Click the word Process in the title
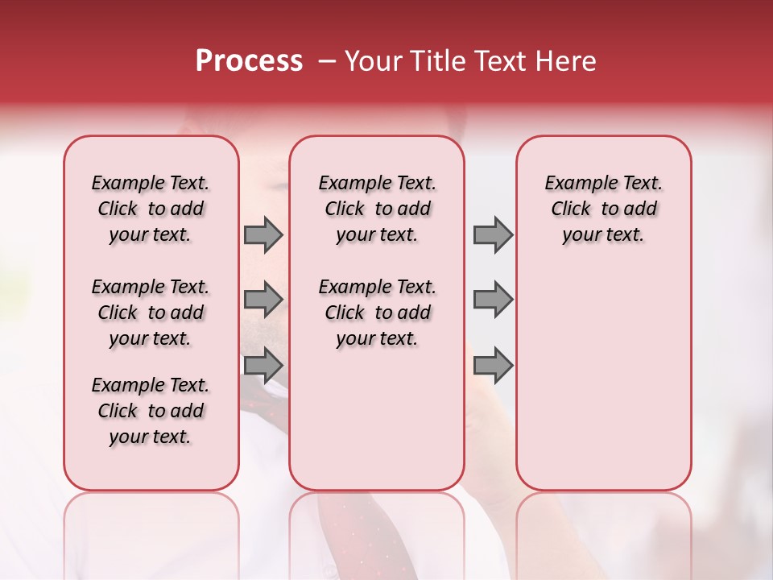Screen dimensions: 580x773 249,61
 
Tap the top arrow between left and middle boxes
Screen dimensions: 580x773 263,235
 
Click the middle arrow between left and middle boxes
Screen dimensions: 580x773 263,300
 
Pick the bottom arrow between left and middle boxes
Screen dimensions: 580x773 263,366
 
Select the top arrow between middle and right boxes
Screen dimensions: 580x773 493,235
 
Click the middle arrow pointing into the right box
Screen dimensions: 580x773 493,300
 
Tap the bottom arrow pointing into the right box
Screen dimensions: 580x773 493,366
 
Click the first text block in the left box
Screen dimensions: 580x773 151,209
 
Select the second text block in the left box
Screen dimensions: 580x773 151,313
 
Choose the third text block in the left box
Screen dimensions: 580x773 151,411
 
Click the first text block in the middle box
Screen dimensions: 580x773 378,209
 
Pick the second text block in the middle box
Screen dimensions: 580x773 378,313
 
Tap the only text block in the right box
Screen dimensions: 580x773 604,209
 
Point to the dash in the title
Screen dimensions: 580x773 326,61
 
